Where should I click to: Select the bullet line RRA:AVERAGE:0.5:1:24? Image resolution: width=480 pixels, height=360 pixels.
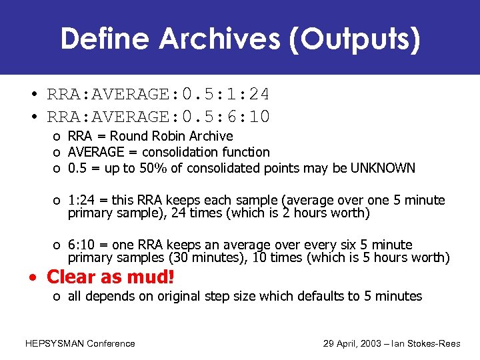(158, 94)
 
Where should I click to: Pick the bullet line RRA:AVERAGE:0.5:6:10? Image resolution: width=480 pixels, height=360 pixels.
(158, 117)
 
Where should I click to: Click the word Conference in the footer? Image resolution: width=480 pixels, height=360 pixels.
(112, 344)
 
